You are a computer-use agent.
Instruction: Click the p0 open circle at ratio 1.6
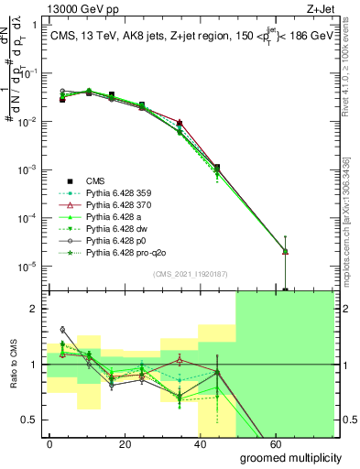(62, 329)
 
